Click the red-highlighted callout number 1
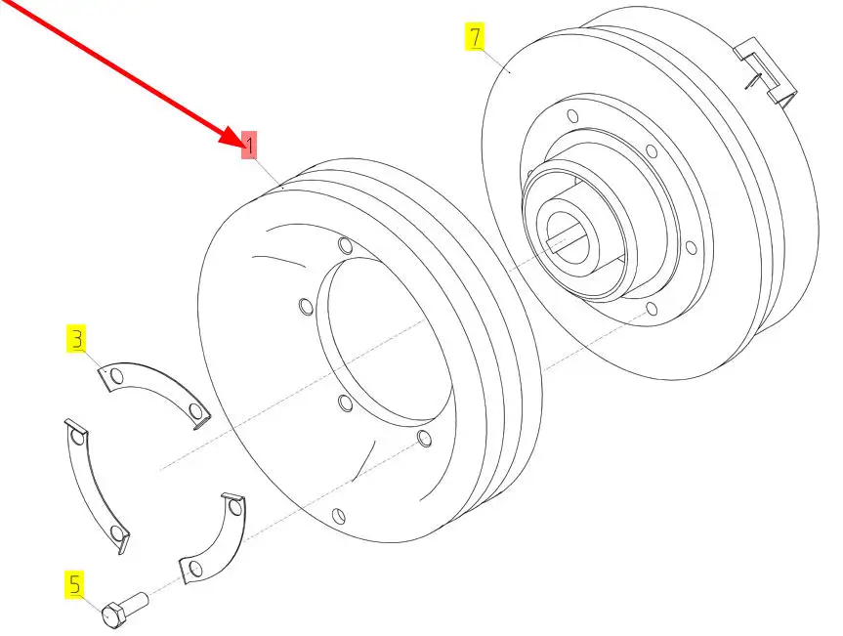pos(249,145)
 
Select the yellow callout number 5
pos(75,584)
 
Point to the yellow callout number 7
pos(475,36)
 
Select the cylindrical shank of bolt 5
pos(137,601)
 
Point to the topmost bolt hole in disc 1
pos(346,245)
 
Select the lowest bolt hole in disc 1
pos(339,516)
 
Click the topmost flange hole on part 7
pos(573,116)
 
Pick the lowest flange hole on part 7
pos(652,309)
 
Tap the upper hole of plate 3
pos(117,376)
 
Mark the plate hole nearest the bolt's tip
pos(195,569)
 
